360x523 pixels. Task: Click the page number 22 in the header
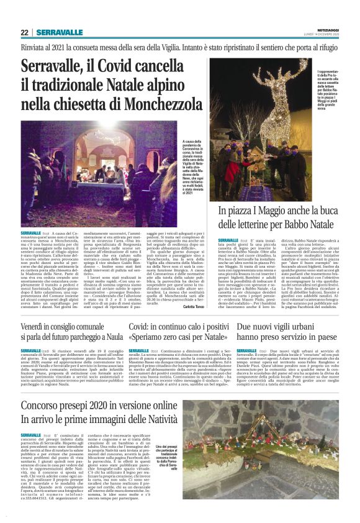coord(24,32)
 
